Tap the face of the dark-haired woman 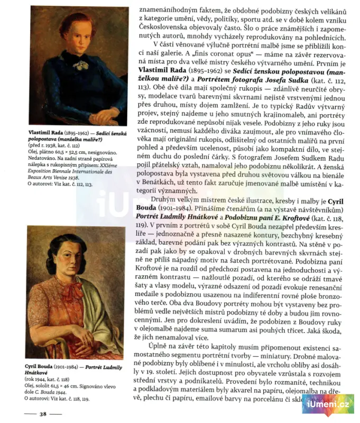point(72,260)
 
